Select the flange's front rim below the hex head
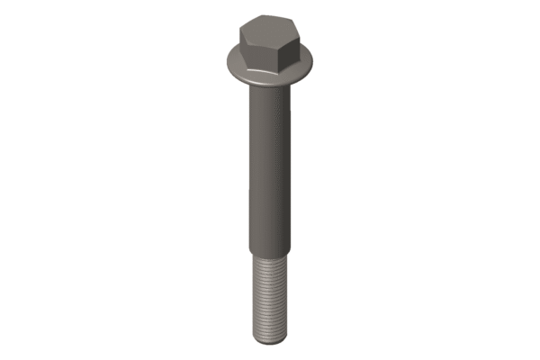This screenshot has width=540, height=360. [x=266, y=79]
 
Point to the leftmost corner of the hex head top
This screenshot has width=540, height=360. [x=240, y=31]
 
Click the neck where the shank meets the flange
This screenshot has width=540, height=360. [x=268, y=90]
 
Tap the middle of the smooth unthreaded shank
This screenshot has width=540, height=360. [x=268, y=166]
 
